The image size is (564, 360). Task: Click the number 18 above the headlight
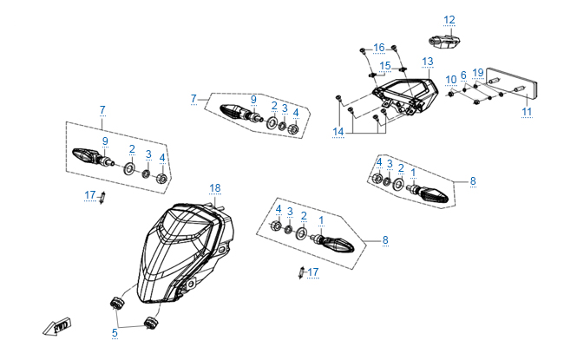[215, 187]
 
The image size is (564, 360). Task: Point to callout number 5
[115, 331]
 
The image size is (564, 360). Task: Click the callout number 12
[449, 19]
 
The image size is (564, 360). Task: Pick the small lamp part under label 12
[446, 38]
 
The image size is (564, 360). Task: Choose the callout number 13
[427, 62]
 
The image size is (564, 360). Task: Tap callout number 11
[526, 112]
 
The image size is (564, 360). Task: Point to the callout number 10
[451, 80]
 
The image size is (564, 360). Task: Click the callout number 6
[463, 75]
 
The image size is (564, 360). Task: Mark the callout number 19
[478, 75]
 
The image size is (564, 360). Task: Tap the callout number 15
[384, 66]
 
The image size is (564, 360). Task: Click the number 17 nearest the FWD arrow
[89, 196]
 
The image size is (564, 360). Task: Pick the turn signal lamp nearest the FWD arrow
[89, 155]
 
